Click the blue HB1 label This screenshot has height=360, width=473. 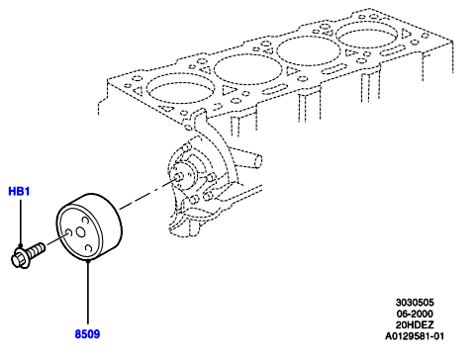point(19,191)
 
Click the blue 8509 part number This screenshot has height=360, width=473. point(87,334)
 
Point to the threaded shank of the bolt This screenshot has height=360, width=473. point(36,250)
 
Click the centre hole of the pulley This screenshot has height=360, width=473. point(80,232)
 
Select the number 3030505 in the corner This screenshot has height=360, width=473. point(415,303)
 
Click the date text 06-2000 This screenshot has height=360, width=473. point(415,314)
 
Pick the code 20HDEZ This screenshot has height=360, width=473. point(415,324)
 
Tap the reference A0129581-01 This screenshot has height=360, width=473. point(415,336)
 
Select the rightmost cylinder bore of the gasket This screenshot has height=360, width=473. point(366,34)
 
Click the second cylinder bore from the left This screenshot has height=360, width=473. point(247,68)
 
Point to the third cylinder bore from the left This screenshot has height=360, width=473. point(308,50)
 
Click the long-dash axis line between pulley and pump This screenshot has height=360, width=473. point(147,194)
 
